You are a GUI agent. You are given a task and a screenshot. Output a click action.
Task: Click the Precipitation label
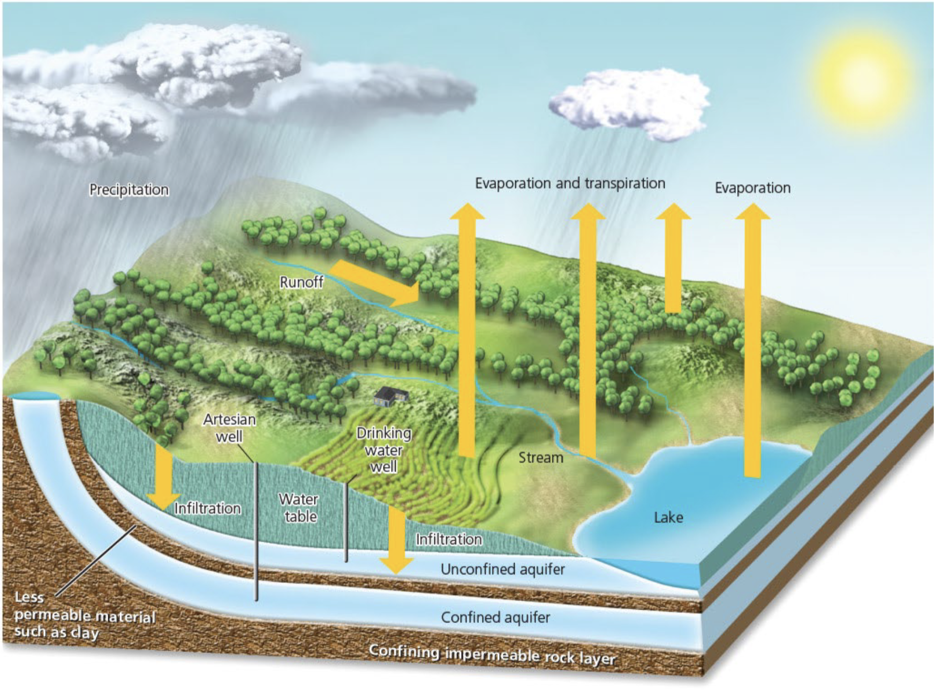(x=129, y=189)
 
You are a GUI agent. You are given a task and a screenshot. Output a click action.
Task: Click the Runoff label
(x=302, y=282)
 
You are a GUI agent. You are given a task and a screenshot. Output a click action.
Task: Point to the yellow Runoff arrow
(x=375, y=282)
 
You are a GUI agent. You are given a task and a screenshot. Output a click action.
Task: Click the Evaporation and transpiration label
(x=570, y=183)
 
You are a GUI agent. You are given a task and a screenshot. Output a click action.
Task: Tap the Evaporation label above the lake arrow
(x=752, y=188)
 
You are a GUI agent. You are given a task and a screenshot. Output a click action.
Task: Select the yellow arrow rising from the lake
(x=752, y=343)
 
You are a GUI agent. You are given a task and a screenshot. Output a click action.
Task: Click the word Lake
(x=668, y=517)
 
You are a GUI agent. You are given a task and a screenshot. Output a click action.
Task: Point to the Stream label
(x=541, y=458)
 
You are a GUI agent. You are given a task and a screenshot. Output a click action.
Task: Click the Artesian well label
(x=229, y=428)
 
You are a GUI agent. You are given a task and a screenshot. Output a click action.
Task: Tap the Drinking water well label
(x=384, y=450)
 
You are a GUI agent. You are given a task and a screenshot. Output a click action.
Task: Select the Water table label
(x=299, y=507)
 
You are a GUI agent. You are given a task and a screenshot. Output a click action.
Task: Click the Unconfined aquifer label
(x=502, y=569)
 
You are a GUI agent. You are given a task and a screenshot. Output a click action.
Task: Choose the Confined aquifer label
(x=495, y=617)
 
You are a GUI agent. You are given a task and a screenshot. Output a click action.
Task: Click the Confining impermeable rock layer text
(x=493, y=655)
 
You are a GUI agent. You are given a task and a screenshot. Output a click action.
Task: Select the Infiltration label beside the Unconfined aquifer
(x=449, y=539)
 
